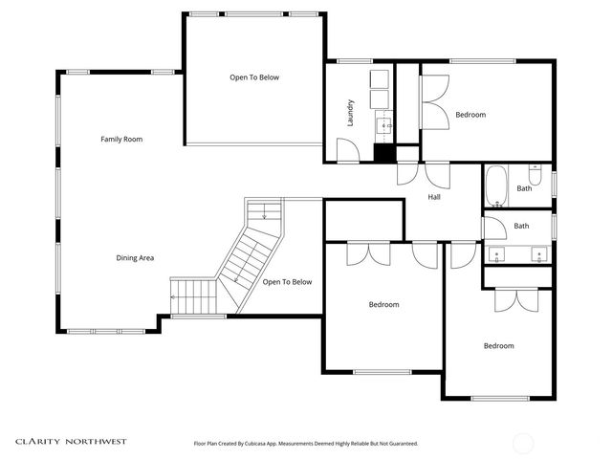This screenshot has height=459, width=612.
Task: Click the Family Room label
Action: coord(121,140)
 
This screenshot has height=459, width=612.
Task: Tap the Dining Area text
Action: coord(135,258)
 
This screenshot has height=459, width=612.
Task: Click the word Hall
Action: coord(434,197)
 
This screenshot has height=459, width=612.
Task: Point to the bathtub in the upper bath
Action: coord(495,187)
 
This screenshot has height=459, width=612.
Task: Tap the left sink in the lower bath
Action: coord(497,255)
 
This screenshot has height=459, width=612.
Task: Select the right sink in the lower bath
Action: coord(540,255)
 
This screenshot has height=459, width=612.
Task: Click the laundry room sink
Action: coord(387,124)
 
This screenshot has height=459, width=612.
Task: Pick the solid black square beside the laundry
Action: coord(384,153)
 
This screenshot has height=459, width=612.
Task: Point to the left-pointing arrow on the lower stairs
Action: coord(173,296)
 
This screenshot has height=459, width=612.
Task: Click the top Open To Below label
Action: coord(254,77)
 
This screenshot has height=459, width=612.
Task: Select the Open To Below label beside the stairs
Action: coord(287,282)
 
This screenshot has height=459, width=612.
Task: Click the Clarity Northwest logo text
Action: coord(71,442)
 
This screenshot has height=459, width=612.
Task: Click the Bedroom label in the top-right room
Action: coord(470,115)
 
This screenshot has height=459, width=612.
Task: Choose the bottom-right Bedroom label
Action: coord(498,346)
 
